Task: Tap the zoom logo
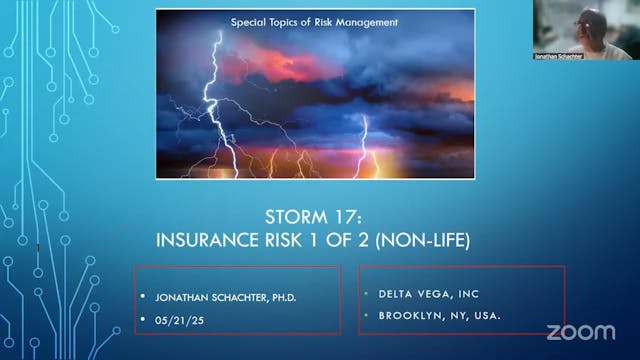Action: tap(580, 331)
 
